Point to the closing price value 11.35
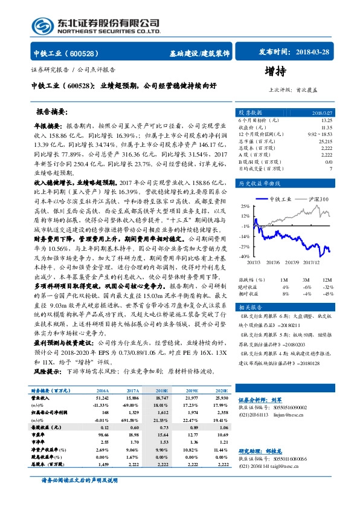(x=327, y=128)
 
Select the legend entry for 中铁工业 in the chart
(x=280, y=198)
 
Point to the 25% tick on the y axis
(x=244, y=206)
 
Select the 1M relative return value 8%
(x=284, y=293)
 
